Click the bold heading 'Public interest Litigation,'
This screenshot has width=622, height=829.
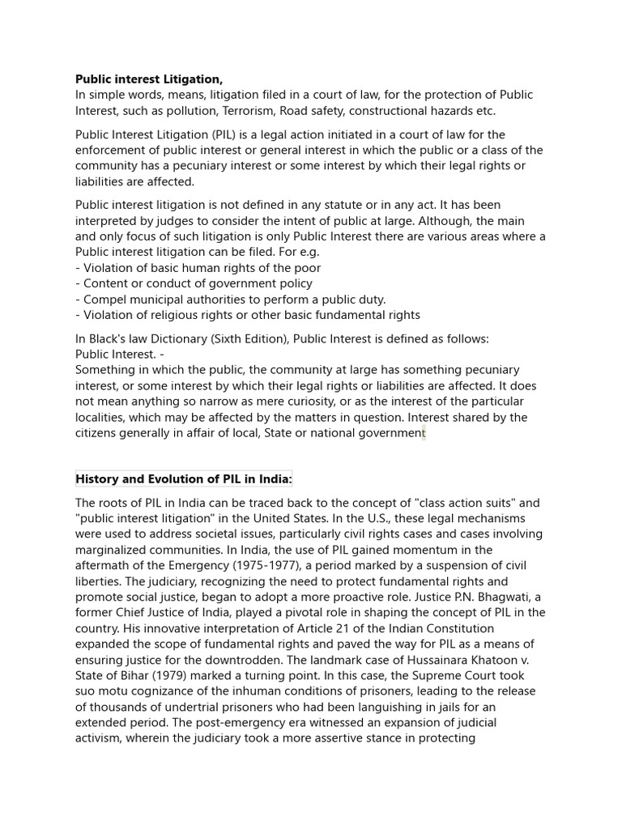coord(148,79)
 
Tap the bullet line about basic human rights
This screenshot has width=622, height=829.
coord(198,268)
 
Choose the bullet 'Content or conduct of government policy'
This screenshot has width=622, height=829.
coord(194,283)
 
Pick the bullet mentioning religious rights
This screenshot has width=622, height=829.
coord(248,315)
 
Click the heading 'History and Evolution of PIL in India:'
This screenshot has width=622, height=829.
coord(183,478)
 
